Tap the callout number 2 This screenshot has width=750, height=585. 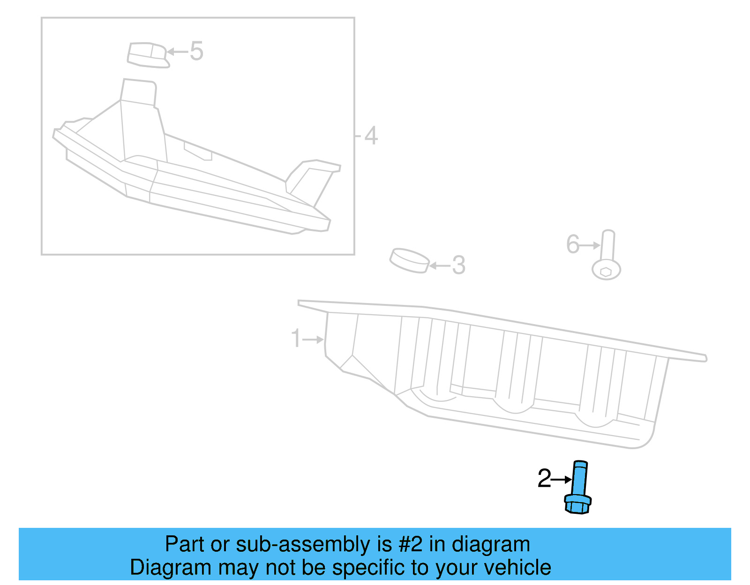coord(544,479)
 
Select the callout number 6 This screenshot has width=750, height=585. coord(573,244)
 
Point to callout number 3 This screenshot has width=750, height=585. coord(458,265)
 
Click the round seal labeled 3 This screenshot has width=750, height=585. coord(409,260)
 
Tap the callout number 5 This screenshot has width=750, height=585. coord(196,51)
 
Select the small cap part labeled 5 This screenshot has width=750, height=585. coord(147,55)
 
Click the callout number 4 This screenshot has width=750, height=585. coord(371,136)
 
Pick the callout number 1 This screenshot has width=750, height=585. coord(296,338)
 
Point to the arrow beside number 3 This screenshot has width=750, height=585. coord(440,266)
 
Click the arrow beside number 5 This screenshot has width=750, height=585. coord(178,52)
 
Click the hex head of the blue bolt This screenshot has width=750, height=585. coord(577,504)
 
